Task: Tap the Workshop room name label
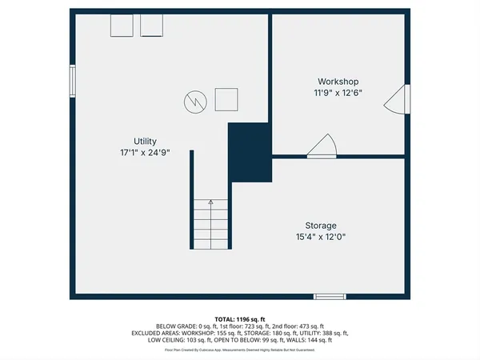pyautogui.click(x=338, y=82)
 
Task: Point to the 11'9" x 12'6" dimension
pyautogui.click(x=338, y=93)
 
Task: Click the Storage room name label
pyautogui.click(x=320, y=226)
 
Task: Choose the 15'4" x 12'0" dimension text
pyautogui.click(x=320, y=237)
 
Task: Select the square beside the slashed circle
pyautogui.click(x=226, y=100)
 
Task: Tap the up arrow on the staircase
pyautogui.click(x=210, y=203)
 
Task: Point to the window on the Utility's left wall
pyautogui.click(x=72, y=80)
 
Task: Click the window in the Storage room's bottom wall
pyautogui.click(x=330, y=297)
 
